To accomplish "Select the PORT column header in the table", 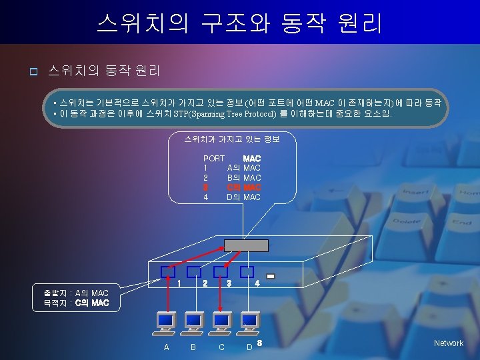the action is (x=213, y=159).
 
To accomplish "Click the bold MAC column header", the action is (x=252, y=159).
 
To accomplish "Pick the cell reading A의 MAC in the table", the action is (x=243, y=168).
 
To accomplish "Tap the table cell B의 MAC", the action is (x=243, y=178).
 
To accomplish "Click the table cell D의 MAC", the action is (x=243, y=197).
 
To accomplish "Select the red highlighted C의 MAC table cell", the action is (x=243, y=187).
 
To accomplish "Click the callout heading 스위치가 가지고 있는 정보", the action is (x=232, y=139).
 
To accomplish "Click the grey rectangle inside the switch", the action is (x=246, y=245).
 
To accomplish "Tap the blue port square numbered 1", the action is (x=167, y=271).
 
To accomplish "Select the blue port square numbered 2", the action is (x=193, y=271).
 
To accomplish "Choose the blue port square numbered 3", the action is (x=220, y=271).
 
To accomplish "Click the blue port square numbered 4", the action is (x=247, y=271).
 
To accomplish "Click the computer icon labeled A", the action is (x=167, y=323).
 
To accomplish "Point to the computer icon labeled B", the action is (x=193, y=323).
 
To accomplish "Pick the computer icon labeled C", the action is (x=221, y=323).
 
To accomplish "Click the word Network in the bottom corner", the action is (x=448, y=343).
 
